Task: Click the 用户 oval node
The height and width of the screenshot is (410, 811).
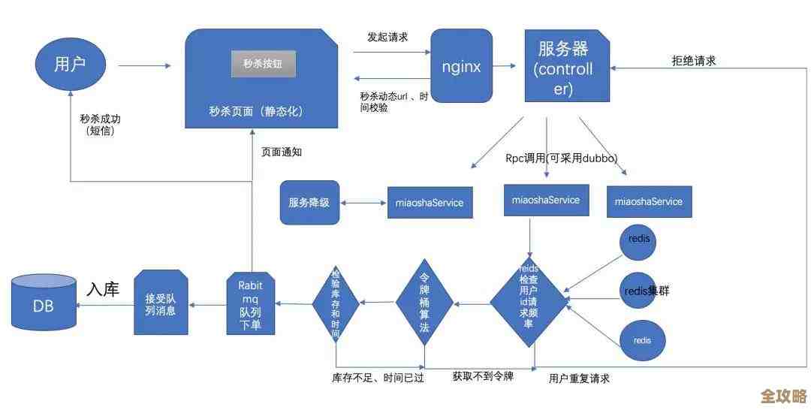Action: (71, 65)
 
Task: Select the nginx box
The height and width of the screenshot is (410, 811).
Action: (461, 65)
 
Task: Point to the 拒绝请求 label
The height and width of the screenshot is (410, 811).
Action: (693, 62)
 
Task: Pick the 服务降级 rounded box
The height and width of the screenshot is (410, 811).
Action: (309, 202)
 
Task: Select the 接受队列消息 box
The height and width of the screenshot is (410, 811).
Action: (160, 303)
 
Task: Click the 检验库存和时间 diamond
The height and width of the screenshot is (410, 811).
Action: (336, 303)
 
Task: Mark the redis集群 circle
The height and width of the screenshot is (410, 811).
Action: (643, 291)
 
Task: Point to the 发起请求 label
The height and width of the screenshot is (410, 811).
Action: (387, 37)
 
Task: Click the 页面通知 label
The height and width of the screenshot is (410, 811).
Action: (282, 152)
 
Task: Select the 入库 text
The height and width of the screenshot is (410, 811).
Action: (103, 289)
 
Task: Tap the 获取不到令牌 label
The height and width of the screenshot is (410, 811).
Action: (483, 375)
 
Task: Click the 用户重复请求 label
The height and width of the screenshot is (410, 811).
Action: (579, 378)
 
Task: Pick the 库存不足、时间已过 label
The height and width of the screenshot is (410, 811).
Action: (378, 378)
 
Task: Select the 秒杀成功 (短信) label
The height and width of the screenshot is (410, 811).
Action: (100, 125)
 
